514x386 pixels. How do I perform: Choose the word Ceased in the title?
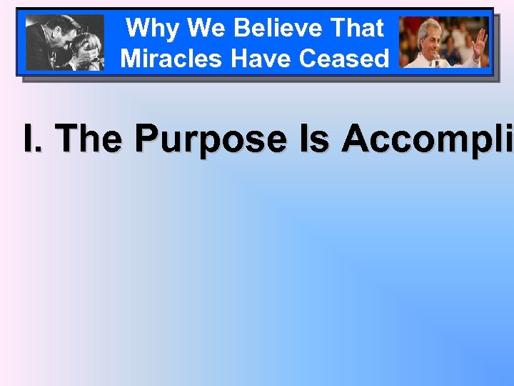coord(345,59)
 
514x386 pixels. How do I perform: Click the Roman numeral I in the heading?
coord(30,139)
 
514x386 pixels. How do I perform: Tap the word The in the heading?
coord(86,139)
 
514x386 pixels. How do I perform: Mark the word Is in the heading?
coord(314,139)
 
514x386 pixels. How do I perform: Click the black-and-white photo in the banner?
coord(64,42)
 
